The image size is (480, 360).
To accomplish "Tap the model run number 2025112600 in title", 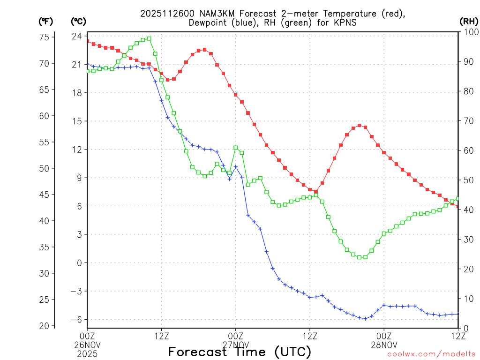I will click(x=162, y=14).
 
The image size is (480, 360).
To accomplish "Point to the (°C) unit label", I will click(x=78, y=21).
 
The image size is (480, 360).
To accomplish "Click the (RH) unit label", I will click(x=469, y=21).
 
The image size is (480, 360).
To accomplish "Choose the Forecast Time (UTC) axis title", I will click(x=240, y=352).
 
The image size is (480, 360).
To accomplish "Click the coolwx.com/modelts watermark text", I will click(x=431, y=354).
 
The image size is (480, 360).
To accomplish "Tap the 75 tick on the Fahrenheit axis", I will click(x=47, y=37).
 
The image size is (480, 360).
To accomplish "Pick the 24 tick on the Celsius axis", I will click(x=77, y=36).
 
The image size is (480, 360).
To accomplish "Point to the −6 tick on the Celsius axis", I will click(x=76, y=320).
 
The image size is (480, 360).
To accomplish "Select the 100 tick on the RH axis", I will click(x=469, y=32).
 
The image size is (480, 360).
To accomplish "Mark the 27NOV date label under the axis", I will click(x=235, y=344).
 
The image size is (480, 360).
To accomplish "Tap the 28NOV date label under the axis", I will click(x=384, y=344).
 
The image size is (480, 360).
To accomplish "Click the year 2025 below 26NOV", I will click(x=87, y=352).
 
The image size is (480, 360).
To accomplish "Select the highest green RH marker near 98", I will click(x=149, y=38).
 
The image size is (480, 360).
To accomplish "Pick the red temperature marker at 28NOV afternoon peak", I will click(x=359, y=125).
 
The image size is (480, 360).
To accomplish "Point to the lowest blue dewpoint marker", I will click(x=366, y=319).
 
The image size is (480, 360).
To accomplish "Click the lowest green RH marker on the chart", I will click(x=360, y=257).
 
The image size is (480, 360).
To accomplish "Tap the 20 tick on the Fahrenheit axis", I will click(x=47, y=326).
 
